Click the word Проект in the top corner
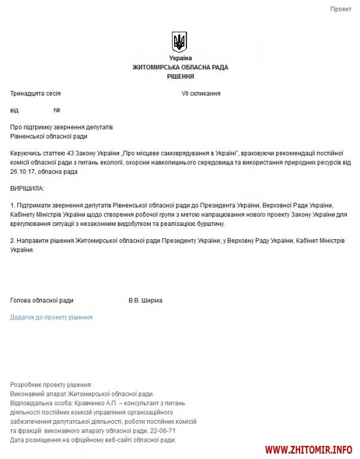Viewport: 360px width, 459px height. point(341,10)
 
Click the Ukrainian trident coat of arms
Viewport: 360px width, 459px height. point(179,42)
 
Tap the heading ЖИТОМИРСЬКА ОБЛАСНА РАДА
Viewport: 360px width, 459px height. point(180,68)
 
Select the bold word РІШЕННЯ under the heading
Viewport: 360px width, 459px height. point(180,76)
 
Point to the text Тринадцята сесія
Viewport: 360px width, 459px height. point(35,94)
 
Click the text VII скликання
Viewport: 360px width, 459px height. point(202,94)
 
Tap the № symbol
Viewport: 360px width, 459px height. point(57,111)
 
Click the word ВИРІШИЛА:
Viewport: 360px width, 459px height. point(27,188)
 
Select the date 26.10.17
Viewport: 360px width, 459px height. point(23,172)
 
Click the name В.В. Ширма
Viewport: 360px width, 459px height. point(145,301)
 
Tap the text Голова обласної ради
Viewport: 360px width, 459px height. point(42,301)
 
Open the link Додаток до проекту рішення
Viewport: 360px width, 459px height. point(51,317)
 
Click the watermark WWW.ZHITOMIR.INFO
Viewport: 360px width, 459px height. point(309,448)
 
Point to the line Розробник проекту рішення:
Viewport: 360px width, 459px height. point(51,385)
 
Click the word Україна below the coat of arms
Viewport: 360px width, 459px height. point(180,58)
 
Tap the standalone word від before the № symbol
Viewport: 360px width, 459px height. point(14,111)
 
